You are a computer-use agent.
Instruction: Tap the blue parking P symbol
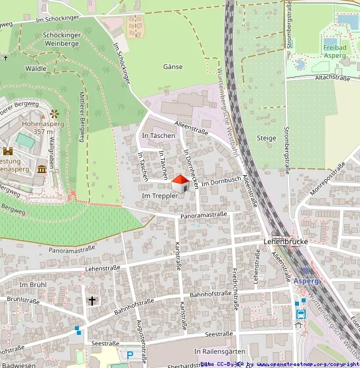(130, 346)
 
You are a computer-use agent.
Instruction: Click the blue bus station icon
(300, 314)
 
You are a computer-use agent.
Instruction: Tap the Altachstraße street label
(332, 78)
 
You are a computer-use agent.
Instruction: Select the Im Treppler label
(160, 196)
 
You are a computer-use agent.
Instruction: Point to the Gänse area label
(172, 67)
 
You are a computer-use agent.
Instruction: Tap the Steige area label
(266, 138)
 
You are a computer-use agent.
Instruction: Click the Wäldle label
(35, 68)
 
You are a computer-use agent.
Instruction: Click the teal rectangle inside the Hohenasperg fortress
(25, 141)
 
